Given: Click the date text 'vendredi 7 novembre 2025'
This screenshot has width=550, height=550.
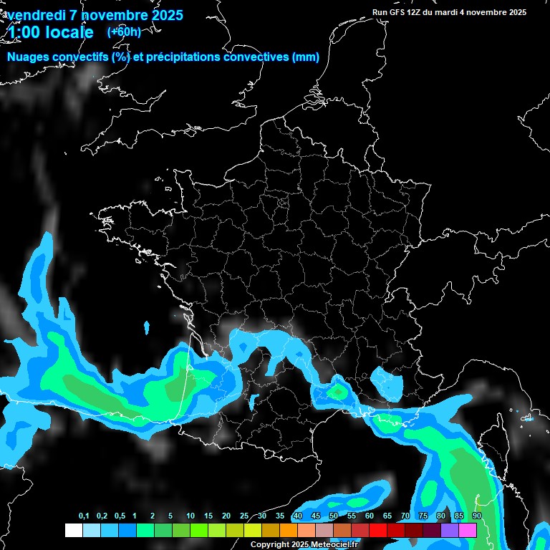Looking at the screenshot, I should tap(95, 15).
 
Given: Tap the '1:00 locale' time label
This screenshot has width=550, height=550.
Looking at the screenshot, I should tap(50, 32).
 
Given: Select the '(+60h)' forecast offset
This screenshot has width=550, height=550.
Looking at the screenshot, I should tap(124, 32).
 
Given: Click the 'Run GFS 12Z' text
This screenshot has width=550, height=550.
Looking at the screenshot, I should tap(397, 12).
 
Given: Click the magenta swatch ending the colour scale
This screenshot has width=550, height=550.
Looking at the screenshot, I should tap(468, 531).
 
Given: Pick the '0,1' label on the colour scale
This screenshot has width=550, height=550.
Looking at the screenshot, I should tap(84, 516).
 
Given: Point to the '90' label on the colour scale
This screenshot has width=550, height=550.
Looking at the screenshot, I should tap(476, 516).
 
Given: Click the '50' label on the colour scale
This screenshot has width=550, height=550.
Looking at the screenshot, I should tap(334, 516).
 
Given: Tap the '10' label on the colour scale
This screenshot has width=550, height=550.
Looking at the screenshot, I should tap(190, 516).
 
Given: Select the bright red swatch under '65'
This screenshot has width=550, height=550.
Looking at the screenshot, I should tap(396, 531).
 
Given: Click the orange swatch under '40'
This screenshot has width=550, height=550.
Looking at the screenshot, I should tap(307, 531).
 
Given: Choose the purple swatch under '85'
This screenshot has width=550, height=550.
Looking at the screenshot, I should tap(450, 531).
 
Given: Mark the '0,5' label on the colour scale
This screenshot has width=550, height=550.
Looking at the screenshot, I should tap(120, 516).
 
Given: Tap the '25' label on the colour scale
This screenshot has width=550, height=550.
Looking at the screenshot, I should tap(244, 516).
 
